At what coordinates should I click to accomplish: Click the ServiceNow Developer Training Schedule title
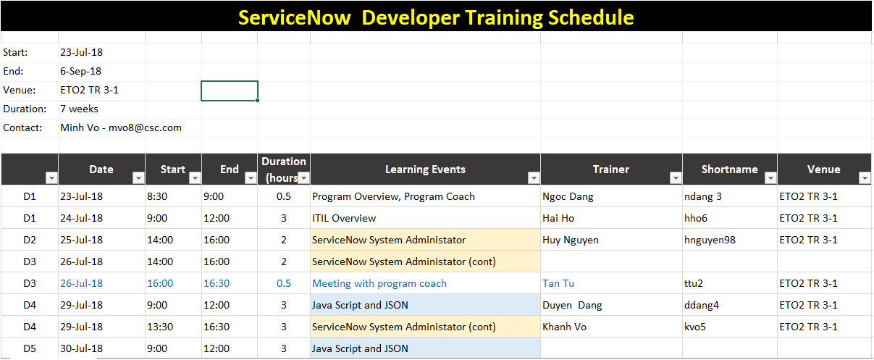[436, 17]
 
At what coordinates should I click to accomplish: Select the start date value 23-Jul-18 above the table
[81, 52]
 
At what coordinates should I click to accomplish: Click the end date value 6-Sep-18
[81, 71]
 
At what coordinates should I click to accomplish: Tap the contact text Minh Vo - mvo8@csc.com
[121, 127]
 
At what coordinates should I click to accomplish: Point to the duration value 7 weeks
[80, 109]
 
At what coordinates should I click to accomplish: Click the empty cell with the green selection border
[230, 91]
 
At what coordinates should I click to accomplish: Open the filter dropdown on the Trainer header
[675, 178]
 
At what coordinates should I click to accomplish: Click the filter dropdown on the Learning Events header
[533, 178]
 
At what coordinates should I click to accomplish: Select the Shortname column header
[729, 169]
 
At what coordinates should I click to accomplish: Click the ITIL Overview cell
[344, 218]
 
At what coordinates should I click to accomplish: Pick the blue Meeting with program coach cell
[379, 283]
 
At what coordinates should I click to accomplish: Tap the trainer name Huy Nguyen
[571, 240]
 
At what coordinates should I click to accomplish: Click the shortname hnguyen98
[710, 240]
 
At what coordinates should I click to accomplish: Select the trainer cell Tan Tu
[558, 283]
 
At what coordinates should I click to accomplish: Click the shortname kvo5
[695, 327]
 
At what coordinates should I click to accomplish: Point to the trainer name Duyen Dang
[572, 305]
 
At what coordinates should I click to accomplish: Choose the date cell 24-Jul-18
[81, 218]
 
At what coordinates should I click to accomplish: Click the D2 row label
[30, 240]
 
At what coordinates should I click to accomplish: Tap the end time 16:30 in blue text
[217, 283]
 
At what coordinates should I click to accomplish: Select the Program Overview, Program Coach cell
[393, 196]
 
